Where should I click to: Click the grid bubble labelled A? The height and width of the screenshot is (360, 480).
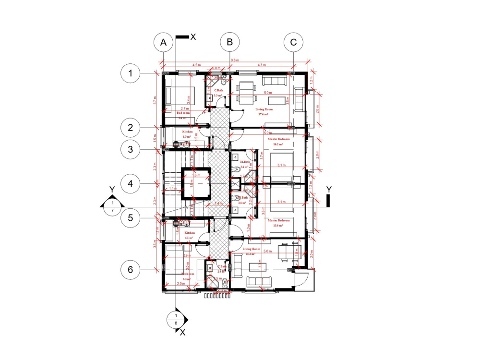point(164,42)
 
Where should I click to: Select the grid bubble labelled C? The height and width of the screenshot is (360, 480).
point(293,42)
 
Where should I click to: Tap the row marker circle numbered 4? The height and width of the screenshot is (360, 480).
point(130,183)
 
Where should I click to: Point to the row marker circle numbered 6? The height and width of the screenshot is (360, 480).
point(130,270)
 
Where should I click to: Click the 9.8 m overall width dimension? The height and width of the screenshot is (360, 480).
point(235,60)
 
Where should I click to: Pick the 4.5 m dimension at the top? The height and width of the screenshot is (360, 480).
point(197,65)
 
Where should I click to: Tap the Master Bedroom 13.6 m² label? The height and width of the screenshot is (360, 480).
point(282,223)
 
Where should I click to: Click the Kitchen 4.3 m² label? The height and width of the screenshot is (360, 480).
point(187,134)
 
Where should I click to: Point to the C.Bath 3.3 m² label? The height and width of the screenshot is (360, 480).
point(218,93)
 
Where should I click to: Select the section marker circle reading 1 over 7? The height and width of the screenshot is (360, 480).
point(112,206)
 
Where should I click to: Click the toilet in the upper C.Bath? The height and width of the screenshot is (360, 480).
point(224,81)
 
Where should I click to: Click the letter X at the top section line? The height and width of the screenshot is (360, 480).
point(193,36)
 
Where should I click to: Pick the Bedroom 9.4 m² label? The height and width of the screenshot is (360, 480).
point(183,115)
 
